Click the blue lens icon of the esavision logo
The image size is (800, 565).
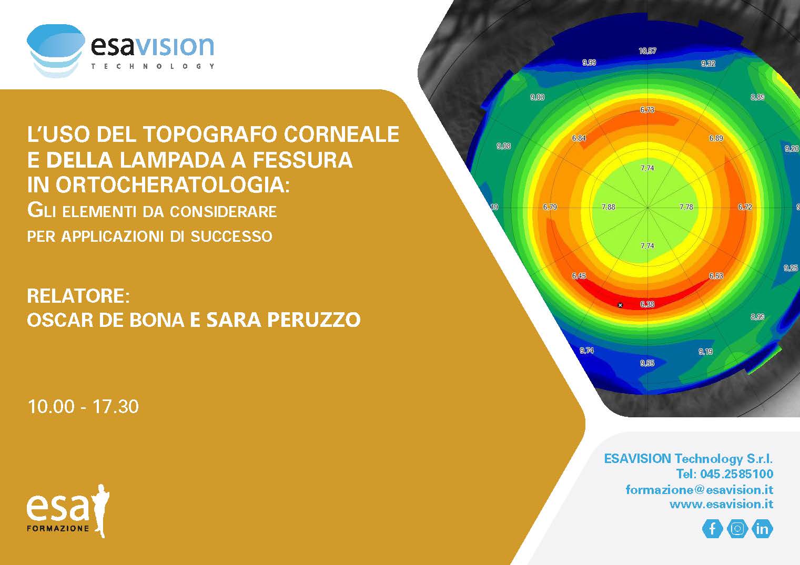pos(56,50)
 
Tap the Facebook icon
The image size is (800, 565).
pos(713,529)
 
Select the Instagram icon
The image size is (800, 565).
pos(737,529)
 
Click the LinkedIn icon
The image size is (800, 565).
pos(762,529)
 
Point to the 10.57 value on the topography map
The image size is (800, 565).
pos(647,51)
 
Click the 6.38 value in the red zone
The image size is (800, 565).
pos(647,304)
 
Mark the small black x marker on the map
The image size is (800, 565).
pos(620,305)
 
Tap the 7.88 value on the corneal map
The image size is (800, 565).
pos(608,207)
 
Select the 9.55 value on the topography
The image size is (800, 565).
pos(647,363)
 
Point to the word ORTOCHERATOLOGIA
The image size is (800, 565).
pos(173,185)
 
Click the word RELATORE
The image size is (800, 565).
pos(78,296)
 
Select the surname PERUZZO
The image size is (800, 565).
pos(314,320)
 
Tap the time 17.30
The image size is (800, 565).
pos(115,406)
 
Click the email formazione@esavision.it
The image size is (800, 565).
pos(700,490)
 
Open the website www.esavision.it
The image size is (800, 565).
pos(721,505)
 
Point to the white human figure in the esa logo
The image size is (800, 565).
pos(101,510)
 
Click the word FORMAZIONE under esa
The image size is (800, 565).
pos(57,529)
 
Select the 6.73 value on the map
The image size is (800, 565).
pos(647,110)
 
